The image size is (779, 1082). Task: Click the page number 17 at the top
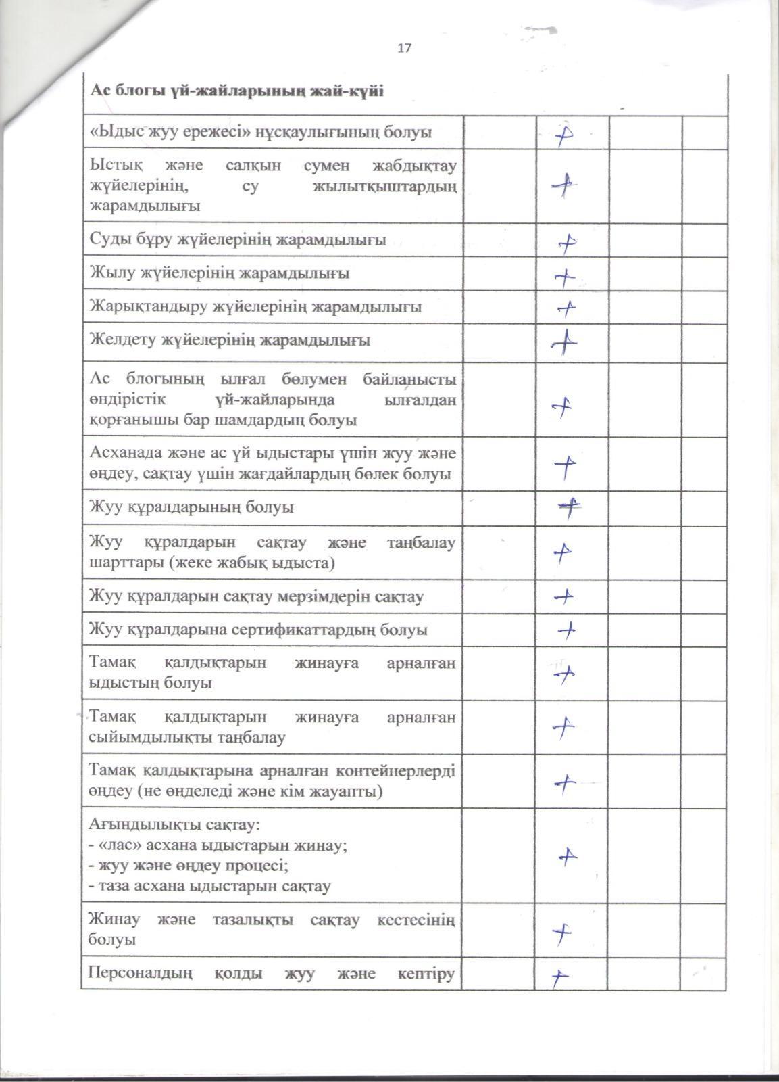pos(405,48)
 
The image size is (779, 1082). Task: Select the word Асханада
pos(125,454)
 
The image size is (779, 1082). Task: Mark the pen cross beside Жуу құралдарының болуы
pos(570,508)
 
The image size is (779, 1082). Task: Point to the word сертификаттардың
pos(295,630)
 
